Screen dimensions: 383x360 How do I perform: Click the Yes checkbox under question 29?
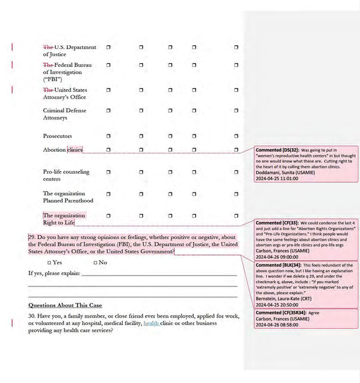(49, 262)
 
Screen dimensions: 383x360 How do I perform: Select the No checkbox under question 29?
(95, 262)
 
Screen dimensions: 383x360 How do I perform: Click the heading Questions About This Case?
(65, 305)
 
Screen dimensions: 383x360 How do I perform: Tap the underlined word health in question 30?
(151, 323)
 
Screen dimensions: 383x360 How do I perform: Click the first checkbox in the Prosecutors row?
(108, 136)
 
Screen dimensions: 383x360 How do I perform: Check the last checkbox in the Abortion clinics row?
(236, 150)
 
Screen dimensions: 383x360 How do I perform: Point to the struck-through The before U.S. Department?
(48, 47)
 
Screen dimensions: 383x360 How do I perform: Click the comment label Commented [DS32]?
(274, 150)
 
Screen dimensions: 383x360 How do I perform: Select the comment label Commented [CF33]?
(274, 223)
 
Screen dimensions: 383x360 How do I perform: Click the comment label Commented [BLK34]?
(275, 265)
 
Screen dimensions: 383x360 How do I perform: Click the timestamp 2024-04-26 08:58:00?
(276, 325)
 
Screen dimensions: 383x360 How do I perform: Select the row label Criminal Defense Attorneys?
(65, 114)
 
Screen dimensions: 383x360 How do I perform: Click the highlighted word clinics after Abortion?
(74, 150)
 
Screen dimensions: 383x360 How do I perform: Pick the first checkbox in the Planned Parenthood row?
(108, 194)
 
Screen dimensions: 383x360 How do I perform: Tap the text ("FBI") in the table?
(53, 80)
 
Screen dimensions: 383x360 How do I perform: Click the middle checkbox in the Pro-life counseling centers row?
(170, 172)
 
